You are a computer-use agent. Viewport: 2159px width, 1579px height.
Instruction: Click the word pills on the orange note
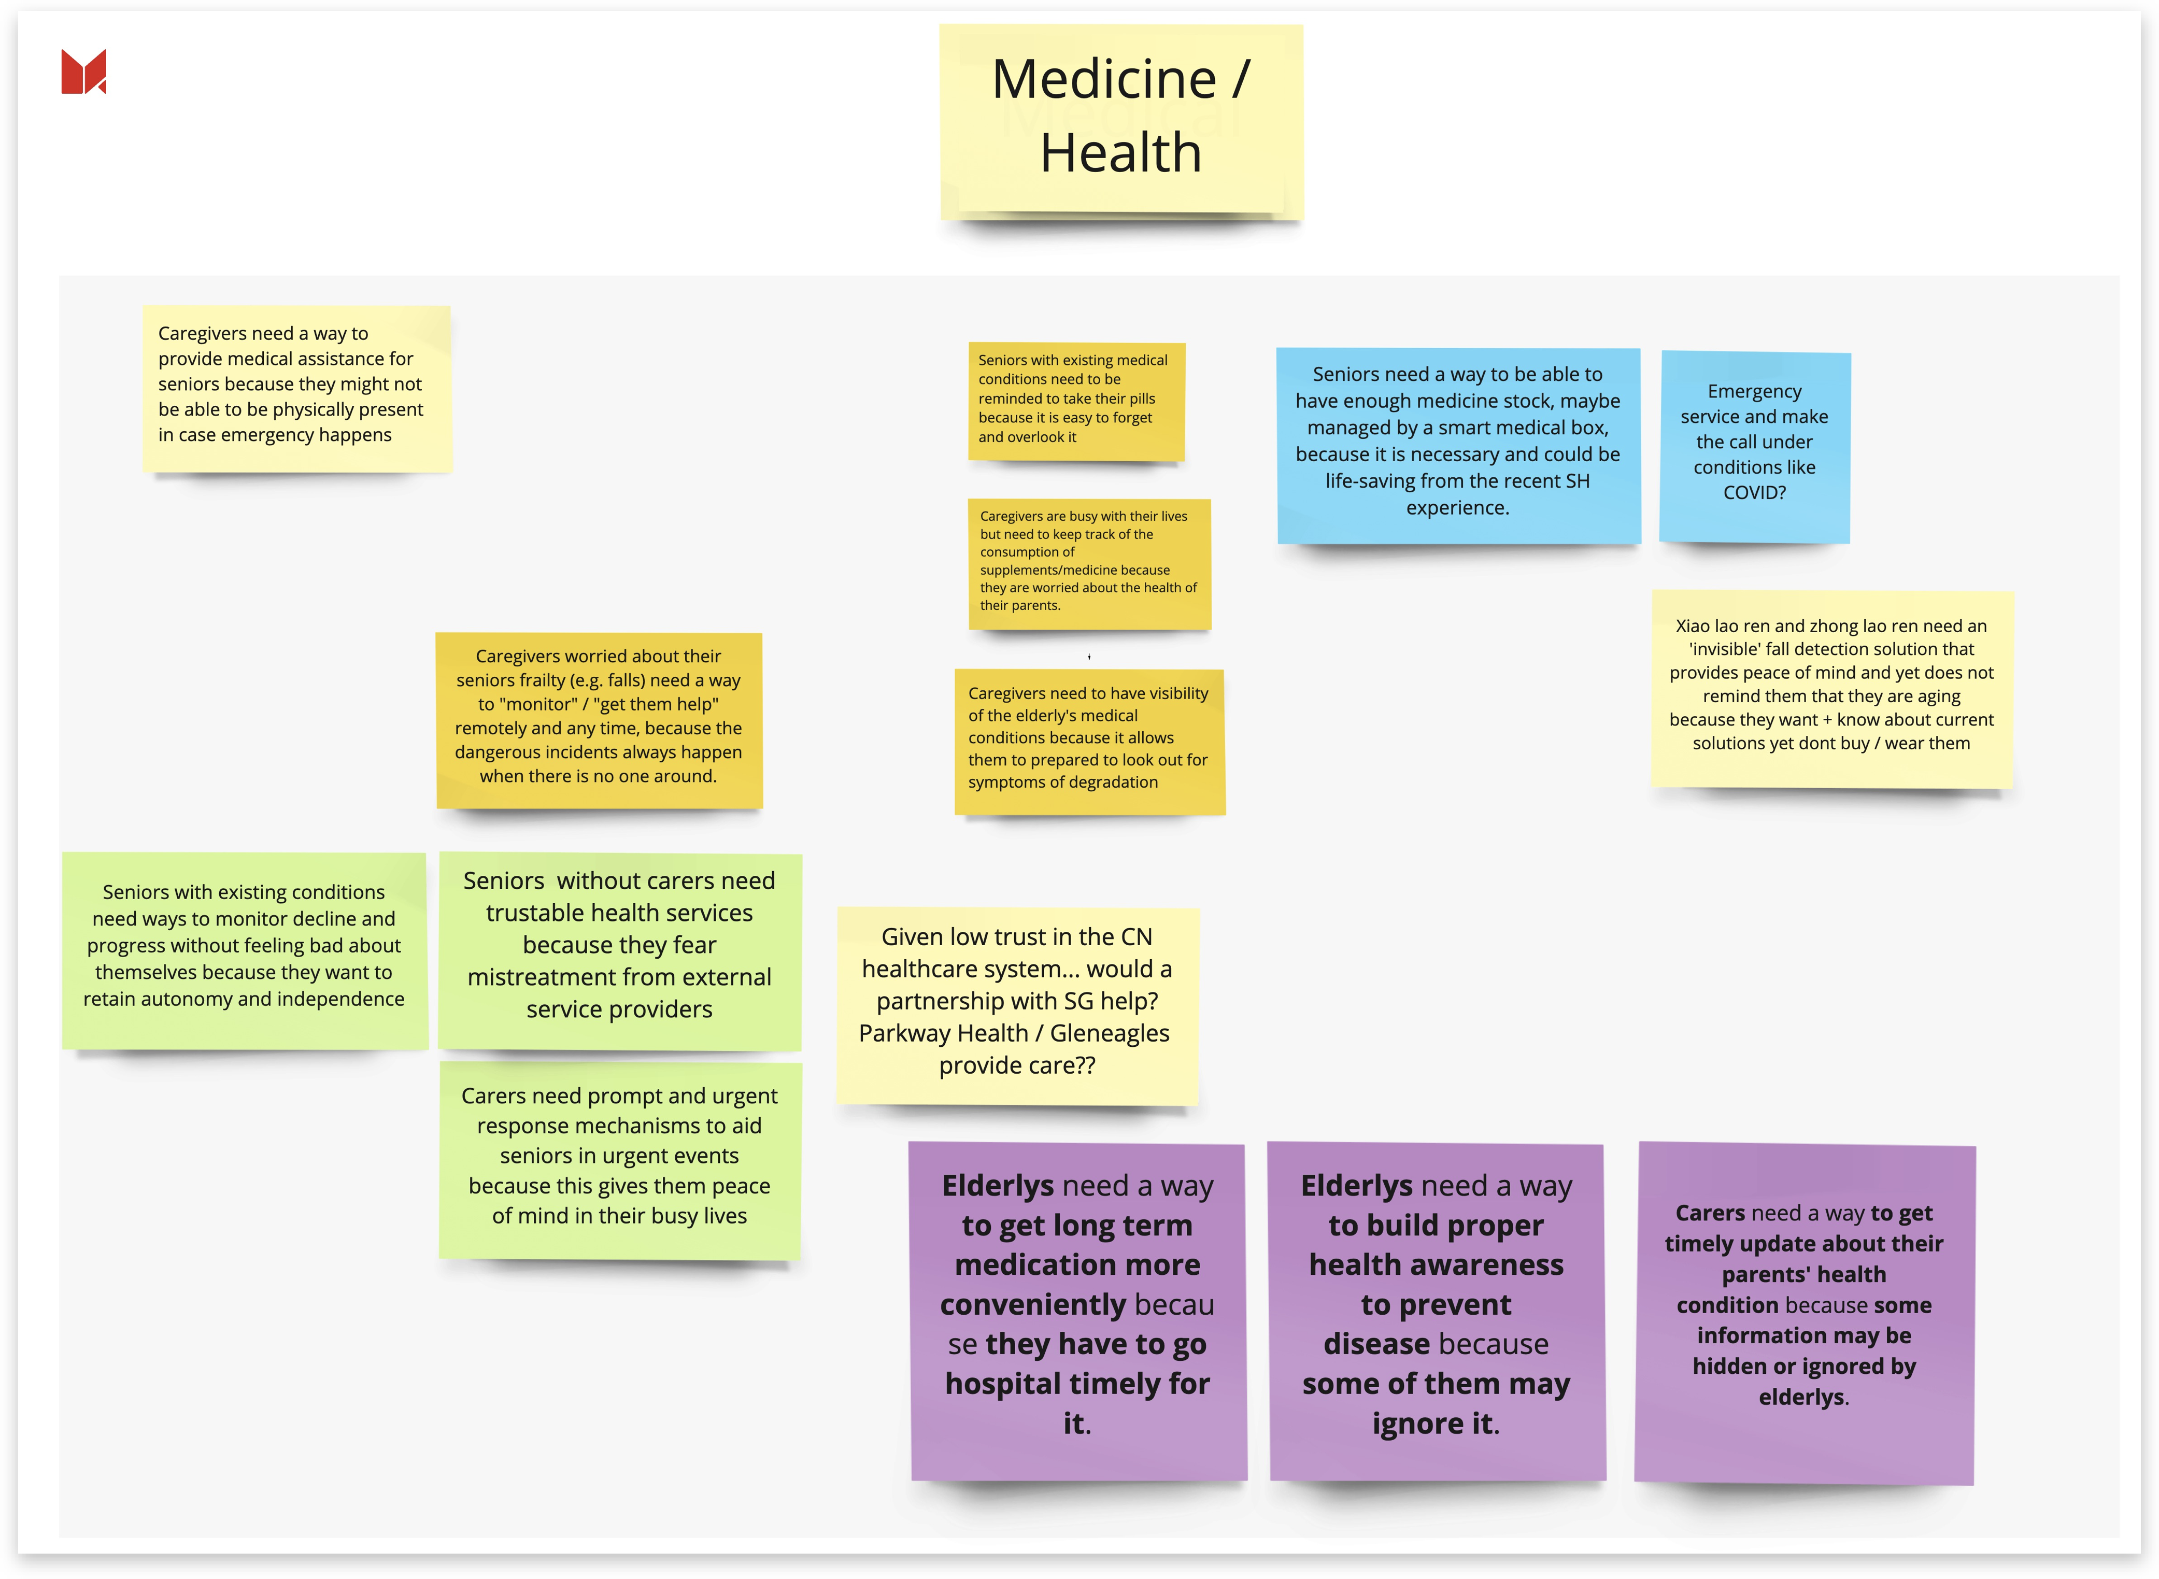click(1138, 399)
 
